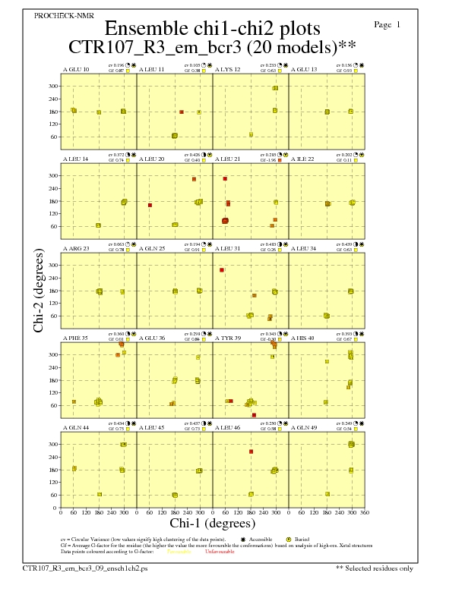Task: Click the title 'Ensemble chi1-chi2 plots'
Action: point(212,29)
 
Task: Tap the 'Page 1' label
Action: point(387,25)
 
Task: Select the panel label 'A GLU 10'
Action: point(75,69)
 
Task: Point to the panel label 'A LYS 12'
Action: point(227,69)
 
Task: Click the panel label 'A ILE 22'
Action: point(303,159)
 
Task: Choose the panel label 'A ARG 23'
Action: point(75,248)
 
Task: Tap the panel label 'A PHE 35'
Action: point(75,338)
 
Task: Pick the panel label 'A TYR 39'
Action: point(227,338)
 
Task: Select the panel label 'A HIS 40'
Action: point(303,338)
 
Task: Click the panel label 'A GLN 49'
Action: point(304,427)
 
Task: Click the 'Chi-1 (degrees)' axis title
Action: point(212,523)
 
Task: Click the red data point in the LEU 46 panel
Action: point(251,452)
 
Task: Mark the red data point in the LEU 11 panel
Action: point(182,112)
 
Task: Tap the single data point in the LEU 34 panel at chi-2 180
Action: point(351,291)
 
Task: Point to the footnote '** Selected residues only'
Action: point(375,567)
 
